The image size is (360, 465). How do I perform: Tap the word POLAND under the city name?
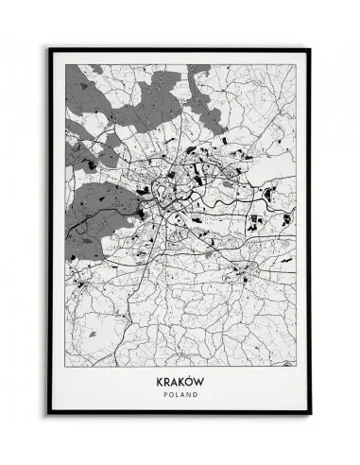(180, 397)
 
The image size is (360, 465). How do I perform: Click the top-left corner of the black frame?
(49, 46)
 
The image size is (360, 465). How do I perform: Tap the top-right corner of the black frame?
(312, 46)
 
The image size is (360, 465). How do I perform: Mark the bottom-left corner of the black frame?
(49, 422)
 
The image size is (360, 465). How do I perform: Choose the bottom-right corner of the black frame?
(312, 422)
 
